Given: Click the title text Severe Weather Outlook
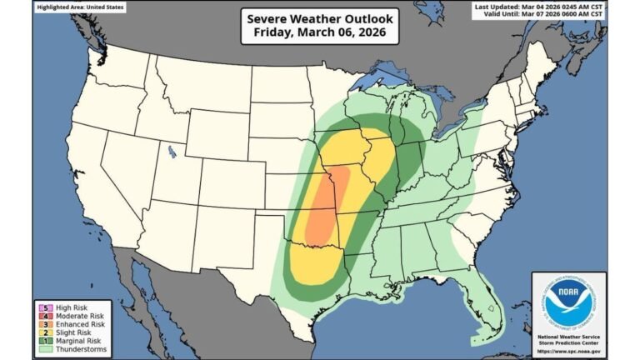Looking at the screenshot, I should pyautogui.click(x=320, y=18).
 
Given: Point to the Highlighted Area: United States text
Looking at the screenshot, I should pyautogui.click(x=80, y=7).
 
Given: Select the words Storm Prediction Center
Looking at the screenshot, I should pyautogui.click(x=569, y=342).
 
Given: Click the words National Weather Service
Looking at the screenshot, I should pyautogui.click(x=569, y=335).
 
